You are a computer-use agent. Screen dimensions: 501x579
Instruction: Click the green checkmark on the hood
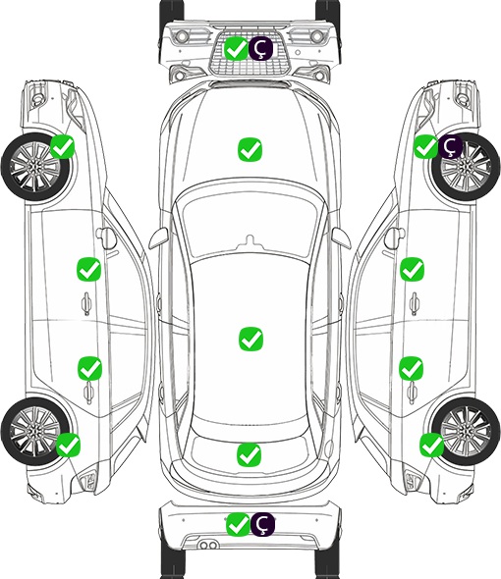(250, 149)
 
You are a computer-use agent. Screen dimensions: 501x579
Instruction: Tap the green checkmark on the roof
(250, 339)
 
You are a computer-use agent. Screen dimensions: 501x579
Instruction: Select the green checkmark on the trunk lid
(249, 454)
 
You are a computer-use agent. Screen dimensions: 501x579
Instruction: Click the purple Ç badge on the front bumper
(260, 48)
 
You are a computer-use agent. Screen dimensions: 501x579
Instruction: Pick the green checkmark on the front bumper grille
(237, 48)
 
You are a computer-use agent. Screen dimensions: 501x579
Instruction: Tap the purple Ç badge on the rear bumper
(262, 524)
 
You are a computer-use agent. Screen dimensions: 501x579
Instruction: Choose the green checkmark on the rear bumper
(238, 524)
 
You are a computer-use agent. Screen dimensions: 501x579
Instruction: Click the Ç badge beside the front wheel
(450, 146)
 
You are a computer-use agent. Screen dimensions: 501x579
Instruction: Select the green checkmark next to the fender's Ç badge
(425, 146)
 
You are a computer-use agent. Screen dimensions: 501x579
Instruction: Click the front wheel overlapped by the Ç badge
(466, 167)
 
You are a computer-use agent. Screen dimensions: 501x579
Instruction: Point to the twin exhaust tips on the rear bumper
(208, 546)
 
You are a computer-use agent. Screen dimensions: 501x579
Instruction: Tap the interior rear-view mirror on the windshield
(250, 241)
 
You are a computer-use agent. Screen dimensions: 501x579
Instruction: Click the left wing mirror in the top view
(158, 237)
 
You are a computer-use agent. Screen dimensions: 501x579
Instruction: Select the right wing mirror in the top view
(341, 237)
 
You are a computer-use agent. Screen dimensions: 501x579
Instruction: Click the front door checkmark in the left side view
(88, 269)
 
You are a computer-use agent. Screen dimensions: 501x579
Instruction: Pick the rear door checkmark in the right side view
(411, 368)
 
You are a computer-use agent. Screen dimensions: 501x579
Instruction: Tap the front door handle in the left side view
(86, 303)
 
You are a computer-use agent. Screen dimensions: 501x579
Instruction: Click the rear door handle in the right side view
(413, 393)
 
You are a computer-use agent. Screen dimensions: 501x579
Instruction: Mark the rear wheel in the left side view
(35, 431)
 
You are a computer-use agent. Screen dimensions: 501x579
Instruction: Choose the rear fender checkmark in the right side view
(431, 445)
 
